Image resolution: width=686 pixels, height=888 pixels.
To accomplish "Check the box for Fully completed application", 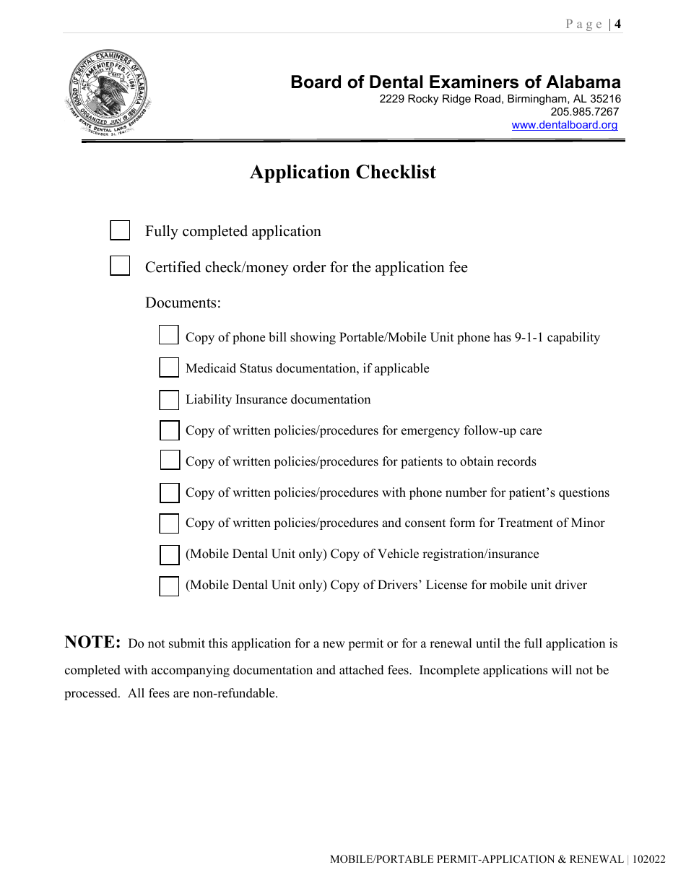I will [x=120, y=230].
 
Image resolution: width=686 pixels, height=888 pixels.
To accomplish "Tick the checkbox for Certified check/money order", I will [x=120, y=266].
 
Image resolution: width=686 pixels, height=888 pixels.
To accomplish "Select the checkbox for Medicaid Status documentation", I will [x=169, y=367].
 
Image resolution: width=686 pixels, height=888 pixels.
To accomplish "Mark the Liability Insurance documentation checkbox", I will [x=169, y=399].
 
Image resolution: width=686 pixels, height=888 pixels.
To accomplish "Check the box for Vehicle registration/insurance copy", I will [x=169, y=554].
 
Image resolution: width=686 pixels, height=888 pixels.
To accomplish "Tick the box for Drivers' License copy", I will [x=169, y=586].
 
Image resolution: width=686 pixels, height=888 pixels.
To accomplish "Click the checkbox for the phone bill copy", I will [x=168, y=335].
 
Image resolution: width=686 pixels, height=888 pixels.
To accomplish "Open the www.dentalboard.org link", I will [x=565, y=125].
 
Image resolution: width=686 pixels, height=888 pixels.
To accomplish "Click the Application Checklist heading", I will [x=343, y=173].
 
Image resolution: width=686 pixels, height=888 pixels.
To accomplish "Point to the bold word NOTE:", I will [x=92, y=643].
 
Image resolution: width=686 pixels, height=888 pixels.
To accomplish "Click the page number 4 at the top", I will [x=617, y=25].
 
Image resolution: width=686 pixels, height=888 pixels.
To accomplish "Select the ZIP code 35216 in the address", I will [x=605, y=99].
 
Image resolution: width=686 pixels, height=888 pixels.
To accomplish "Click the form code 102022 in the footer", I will [x=649, y=859].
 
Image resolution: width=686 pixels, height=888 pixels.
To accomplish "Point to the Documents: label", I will [x=183, y=302].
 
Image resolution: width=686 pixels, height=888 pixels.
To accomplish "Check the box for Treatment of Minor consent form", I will [x=169, y=523].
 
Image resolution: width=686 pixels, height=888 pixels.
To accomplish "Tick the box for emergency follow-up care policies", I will [x=169, y=430].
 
